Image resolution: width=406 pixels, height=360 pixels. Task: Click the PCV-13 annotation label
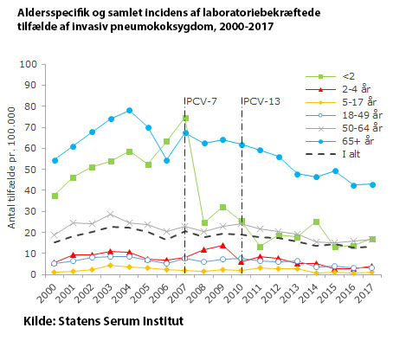262,101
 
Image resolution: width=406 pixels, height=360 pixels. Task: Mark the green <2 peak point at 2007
185,118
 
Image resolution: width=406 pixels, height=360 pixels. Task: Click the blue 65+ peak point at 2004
129,111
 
